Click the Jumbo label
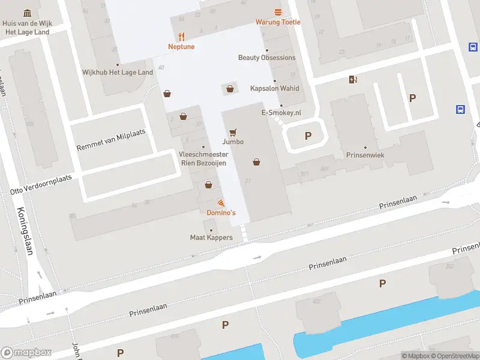point(233,142)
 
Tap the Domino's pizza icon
point(221,204)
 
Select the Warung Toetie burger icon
point(278,13)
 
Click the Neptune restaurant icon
point(181,37)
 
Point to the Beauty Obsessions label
point(266,58)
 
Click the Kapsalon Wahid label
point(274,88)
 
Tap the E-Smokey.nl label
point(281,112)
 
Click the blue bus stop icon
point(460,109)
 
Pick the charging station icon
point(353,79)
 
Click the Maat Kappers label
point(211,238)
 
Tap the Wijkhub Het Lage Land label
point(118,72)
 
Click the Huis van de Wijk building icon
point(28,13)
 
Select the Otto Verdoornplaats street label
point(41,184)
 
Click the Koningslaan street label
point(24,231)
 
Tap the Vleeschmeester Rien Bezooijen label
point(203,158)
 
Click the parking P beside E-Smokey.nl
point(308,136)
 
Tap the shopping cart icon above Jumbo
point(233,132)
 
